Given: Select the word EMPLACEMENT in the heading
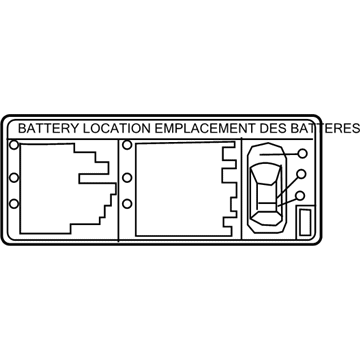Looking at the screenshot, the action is [x=195, y=129].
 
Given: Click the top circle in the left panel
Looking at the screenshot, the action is [x=13, y=146].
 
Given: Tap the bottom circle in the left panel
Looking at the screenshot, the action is [x=13, y=205].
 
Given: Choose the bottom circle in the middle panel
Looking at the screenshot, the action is [x=127, y=206].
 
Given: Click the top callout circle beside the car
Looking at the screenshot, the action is [x=301, y=154].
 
